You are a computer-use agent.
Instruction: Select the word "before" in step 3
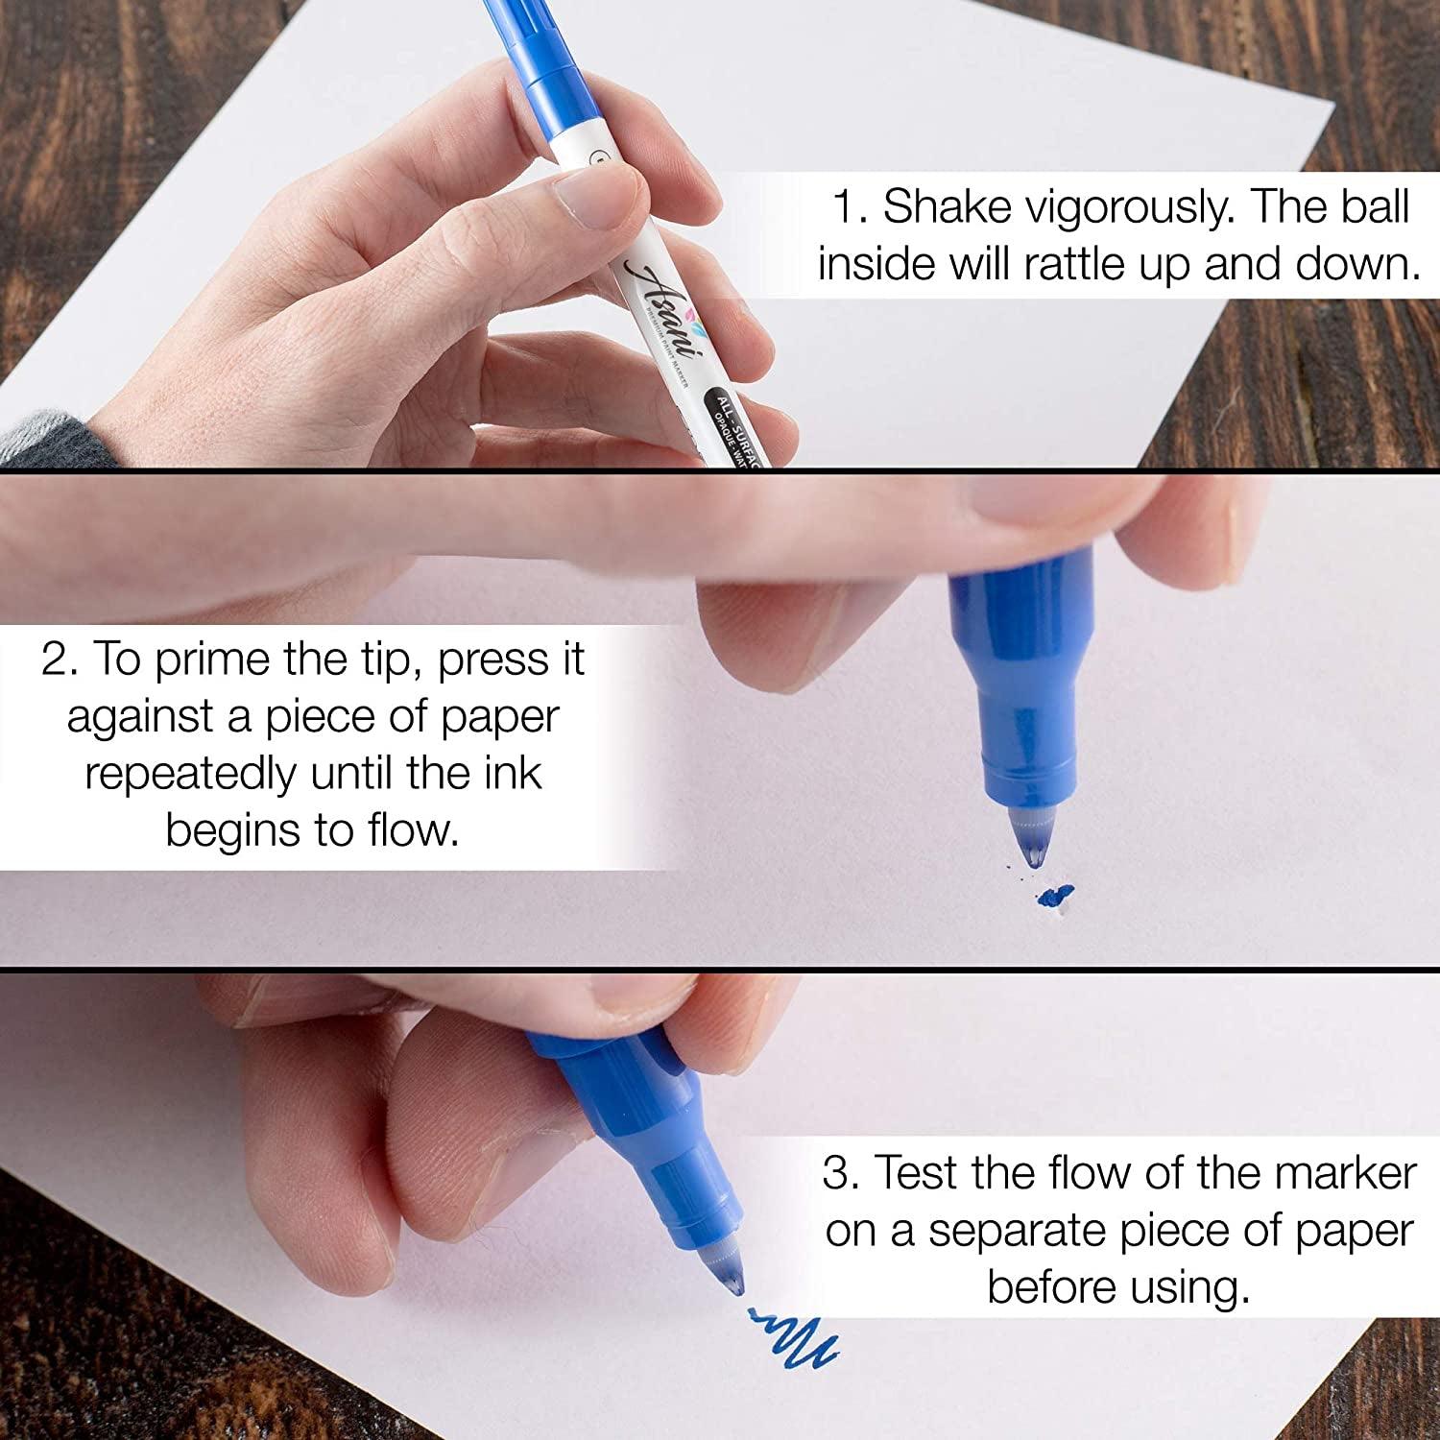tap(1047, 1287)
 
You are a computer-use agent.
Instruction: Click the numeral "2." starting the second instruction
tap(62, 660)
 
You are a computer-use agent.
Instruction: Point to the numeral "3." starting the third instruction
tap(842, 1173)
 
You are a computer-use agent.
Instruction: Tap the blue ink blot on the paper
tap(1054, 898)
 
